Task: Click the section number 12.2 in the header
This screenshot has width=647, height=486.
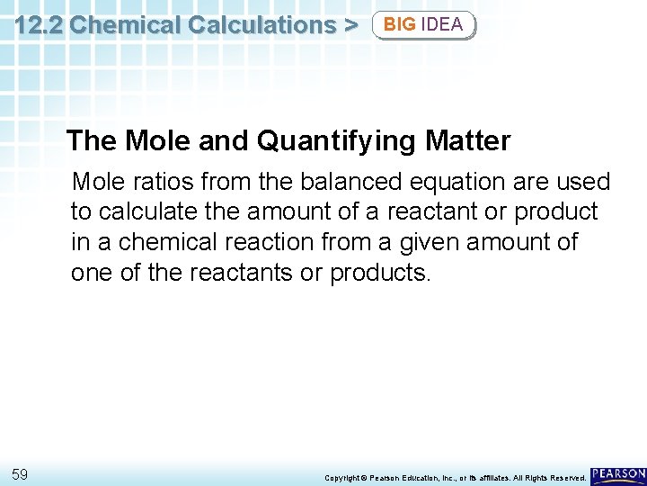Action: click(38, 24)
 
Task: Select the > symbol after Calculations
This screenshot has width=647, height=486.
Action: click(350, 24)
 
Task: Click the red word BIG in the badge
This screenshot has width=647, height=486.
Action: click(400, 24)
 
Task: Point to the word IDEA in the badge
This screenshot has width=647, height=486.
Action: click(442, 24)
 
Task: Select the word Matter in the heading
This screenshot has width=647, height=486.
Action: click(476, 141)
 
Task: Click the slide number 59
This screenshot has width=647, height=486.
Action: click(21, 473)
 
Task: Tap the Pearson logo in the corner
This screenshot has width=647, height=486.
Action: click(618, 474)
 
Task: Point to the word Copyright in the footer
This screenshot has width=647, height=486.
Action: click(343, 477)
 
